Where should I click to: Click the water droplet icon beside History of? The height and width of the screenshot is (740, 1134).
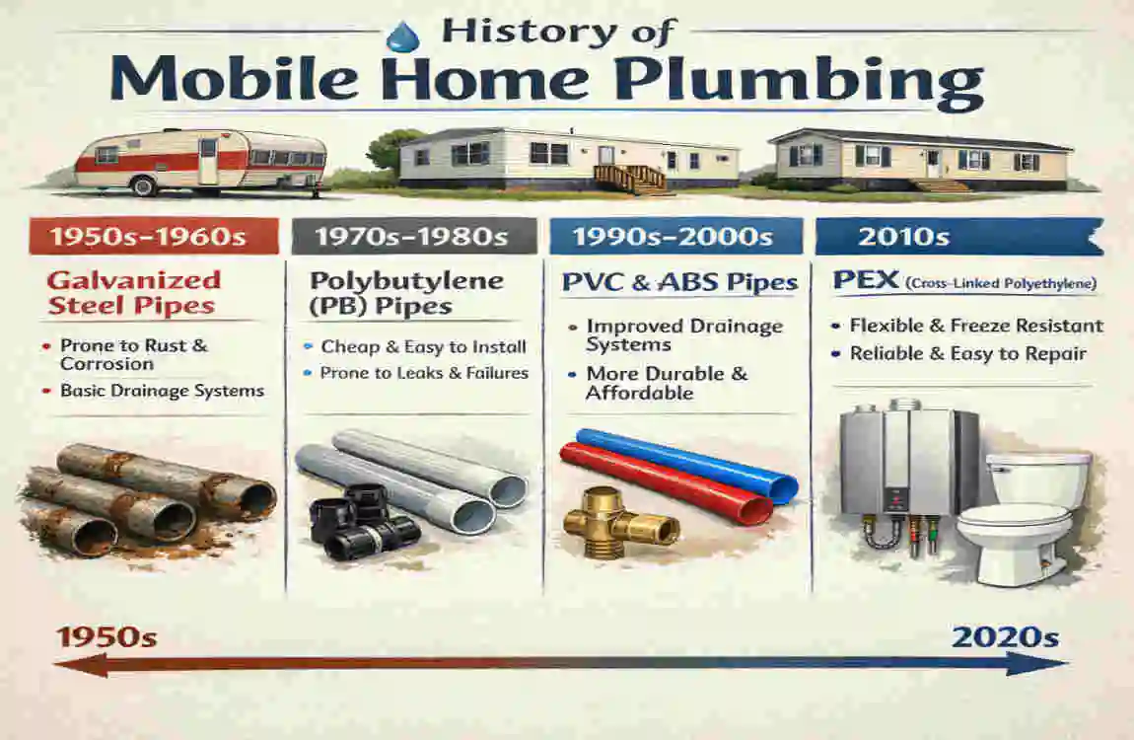point(401,37)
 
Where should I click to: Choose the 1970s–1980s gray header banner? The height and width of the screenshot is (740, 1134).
point(414,237)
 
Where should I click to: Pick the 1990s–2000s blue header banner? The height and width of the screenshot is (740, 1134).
point(677,237)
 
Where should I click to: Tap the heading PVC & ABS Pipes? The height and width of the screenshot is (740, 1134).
point(679,283)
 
